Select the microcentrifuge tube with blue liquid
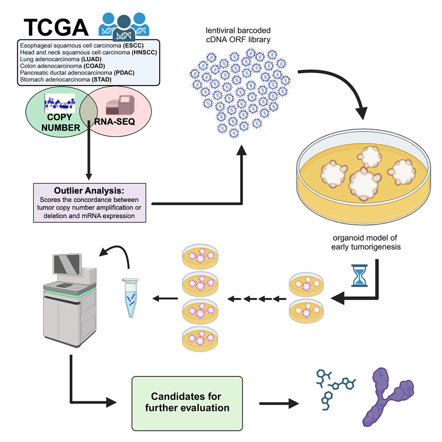(130, 297)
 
